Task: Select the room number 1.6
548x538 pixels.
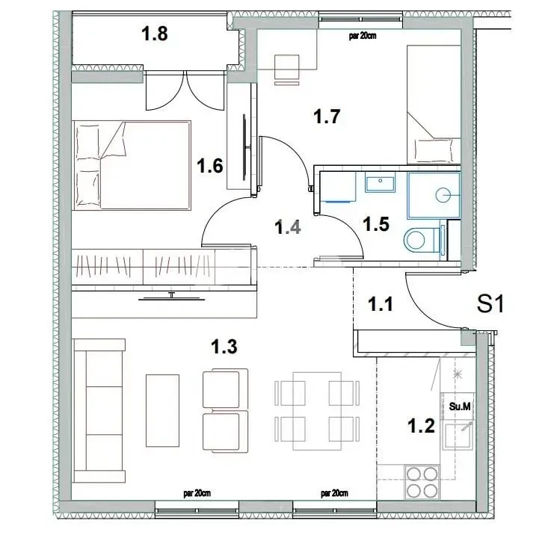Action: (210, 166)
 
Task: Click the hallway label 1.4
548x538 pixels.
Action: (288, 226)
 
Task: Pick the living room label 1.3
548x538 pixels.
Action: (224, 347)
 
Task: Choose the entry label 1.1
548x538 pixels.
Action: (381, 303)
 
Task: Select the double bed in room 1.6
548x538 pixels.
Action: (132, 165)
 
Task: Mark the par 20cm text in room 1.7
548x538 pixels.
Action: (363, 34)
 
